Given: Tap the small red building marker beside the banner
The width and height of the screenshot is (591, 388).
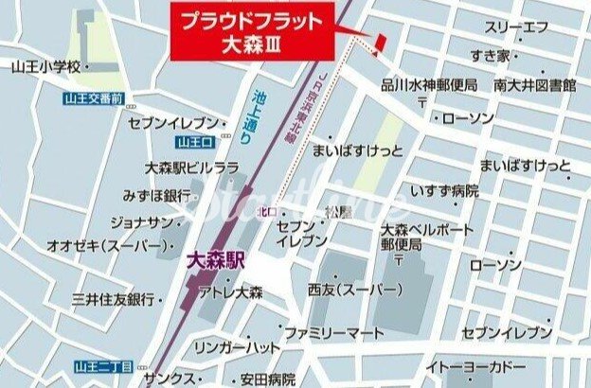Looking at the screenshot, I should (x=378, y=44).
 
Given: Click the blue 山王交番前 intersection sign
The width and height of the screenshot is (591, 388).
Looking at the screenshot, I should (x=94, y=97).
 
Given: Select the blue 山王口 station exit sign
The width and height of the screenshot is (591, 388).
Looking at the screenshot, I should (x=192, y=143).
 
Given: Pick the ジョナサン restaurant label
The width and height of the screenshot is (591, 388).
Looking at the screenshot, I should (x=143, y=223).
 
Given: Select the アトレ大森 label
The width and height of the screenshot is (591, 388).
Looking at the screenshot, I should (x=231, y=293).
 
